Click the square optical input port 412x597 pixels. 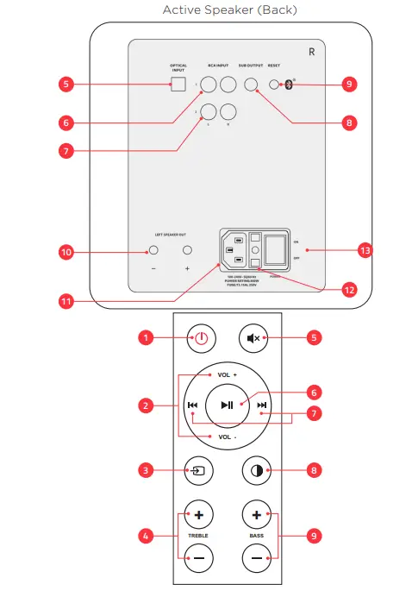pyautogui.click(x=178, y=85)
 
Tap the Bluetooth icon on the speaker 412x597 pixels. pyautogui.click(x=290, y=85)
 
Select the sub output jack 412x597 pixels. pyautogui.click(x=251, y=85)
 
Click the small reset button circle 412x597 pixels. pyautogui.click(x=274, y=85)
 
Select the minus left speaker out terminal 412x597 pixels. pyautogui.click(x=153, y=251)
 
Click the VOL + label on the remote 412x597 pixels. pyautogui.click(x=227, y=376)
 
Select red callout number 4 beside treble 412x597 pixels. pyautogui.click(x=147, y=536)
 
